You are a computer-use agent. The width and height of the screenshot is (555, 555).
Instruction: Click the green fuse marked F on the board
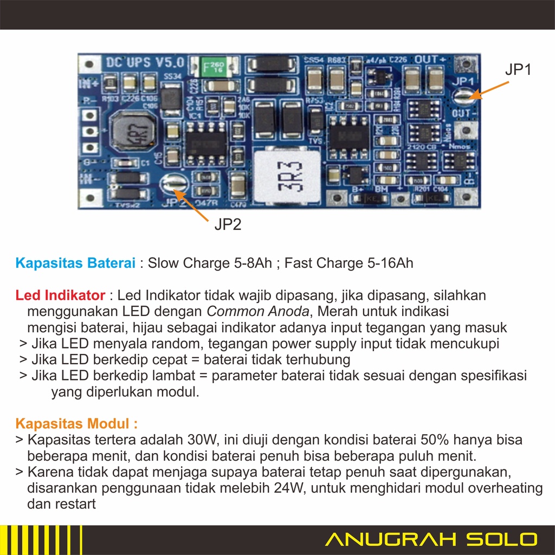213,68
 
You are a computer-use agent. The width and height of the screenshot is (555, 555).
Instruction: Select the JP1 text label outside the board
518,69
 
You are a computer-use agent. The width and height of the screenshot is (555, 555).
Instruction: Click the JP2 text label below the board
228,224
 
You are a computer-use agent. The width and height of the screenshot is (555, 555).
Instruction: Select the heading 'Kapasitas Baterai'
75,263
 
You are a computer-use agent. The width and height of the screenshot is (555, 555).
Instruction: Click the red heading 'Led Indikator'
60,295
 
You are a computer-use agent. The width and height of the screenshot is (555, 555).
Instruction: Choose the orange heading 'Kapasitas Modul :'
76,423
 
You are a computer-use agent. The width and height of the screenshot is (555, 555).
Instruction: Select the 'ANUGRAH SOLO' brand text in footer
431,540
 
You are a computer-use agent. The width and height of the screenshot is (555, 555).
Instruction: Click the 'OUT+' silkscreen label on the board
433,59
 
